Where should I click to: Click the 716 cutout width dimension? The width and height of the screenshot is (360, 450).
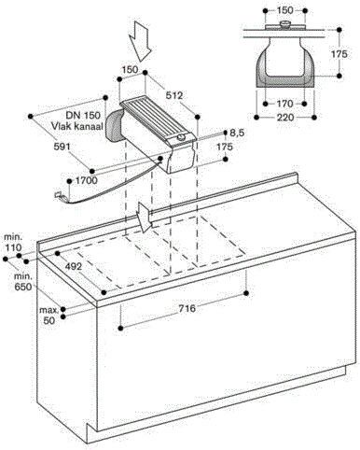[187, 308]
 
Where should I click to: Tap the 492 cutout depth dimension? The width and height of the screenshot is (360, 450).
[74, 266]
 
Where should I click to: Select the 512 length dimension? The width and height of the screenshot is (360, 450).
[174, 95]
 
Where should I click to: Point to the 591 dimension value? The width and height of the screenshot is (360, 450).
[62, 146]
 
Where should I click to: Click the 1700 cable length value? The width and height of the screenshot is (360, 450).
[86, 180]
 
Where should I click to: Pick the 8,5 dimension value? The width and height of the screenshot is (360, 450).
[237, 133]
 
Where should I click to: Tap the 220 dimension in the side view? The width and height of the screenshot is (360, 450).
[285, 118]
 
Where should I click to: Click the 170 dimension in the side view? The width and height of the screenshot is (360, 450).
[284, 103]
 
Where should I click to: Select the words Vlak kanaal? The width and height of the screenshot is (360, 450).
[77, 126]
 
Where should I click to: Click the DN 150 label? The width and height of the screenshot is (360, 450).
[83, 115]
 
